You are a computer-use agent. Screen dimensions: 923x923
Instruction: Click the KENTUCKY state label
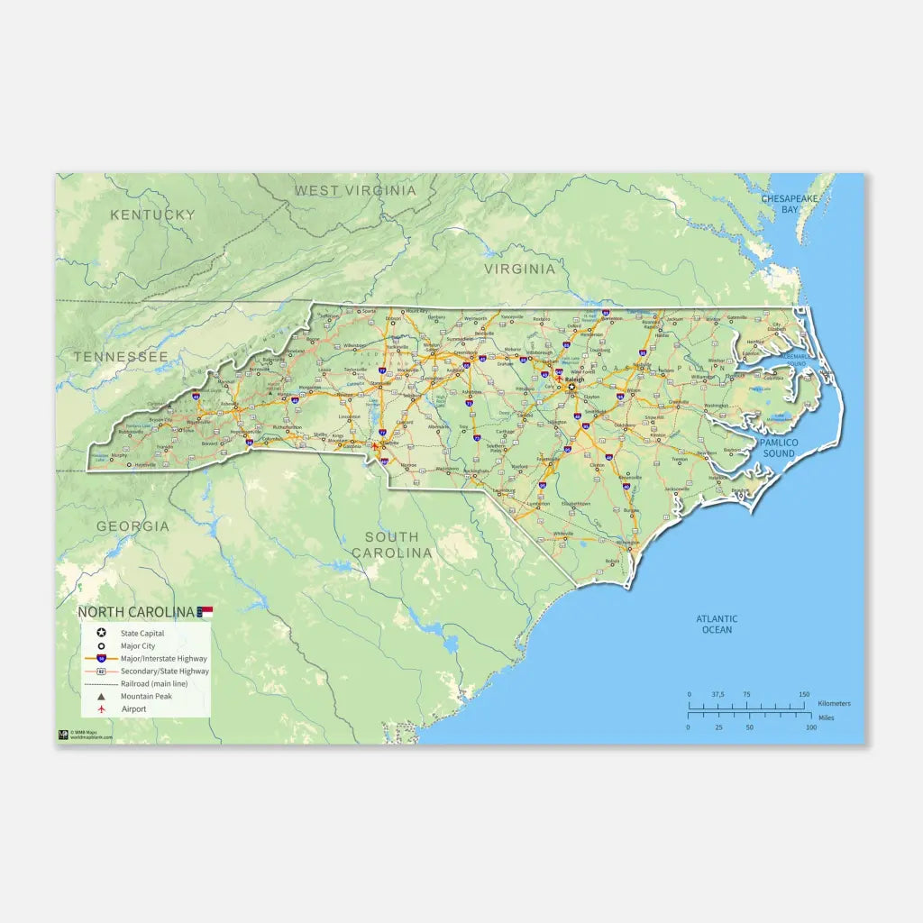point(152,215)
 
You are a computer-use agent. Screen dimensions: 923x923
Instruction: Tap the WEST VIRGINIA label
point(355,190)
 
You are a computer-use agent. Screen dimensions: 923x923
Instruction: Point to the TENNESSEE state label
point(121,357)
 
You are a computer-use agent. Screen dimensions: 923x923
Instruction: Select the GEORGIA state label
point(133,525)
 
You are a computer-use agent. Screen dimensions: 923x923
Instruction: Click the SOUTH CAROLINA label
point(391,544)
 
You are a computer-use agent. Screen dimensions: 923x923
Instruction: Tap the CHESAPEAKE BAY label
point(789,203)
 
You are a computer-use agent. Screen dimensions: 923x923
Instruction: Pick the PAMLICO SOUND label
point(779,448)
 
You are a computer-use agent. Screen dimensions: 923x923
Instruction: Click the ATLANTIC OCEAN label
point(717,624)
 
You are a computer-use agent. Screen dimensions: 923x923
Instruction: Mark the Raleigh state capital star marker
point(571,387)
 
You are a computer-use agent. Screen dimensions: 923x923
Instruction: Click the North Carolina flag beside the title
point(206,612)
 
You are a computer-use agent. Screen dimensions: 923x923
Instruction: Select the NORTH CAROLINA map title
point(136,612)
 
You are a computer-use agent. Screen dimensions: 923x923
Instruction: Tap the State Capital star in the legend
point(102,634)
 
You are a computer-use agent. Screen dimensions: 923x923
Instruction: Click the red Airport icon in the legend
point(102,709)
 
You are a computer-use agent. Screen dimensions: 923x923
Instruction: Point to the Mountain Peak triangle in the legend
point(102,697)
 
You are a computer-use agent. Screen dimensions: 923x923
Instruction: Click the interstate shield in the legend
point(102,659)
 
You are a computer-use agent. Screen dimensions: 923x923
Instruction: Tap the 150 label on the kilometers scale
point(803,694)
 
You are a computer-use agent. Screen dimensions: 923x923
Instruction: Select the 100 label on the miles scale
point(811,727)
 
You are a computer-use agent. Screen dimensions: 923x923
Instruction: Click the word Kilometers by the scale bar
point(834,703)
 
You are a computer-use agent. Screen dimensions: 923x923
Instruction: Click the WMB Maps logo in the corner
point(63,734)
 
